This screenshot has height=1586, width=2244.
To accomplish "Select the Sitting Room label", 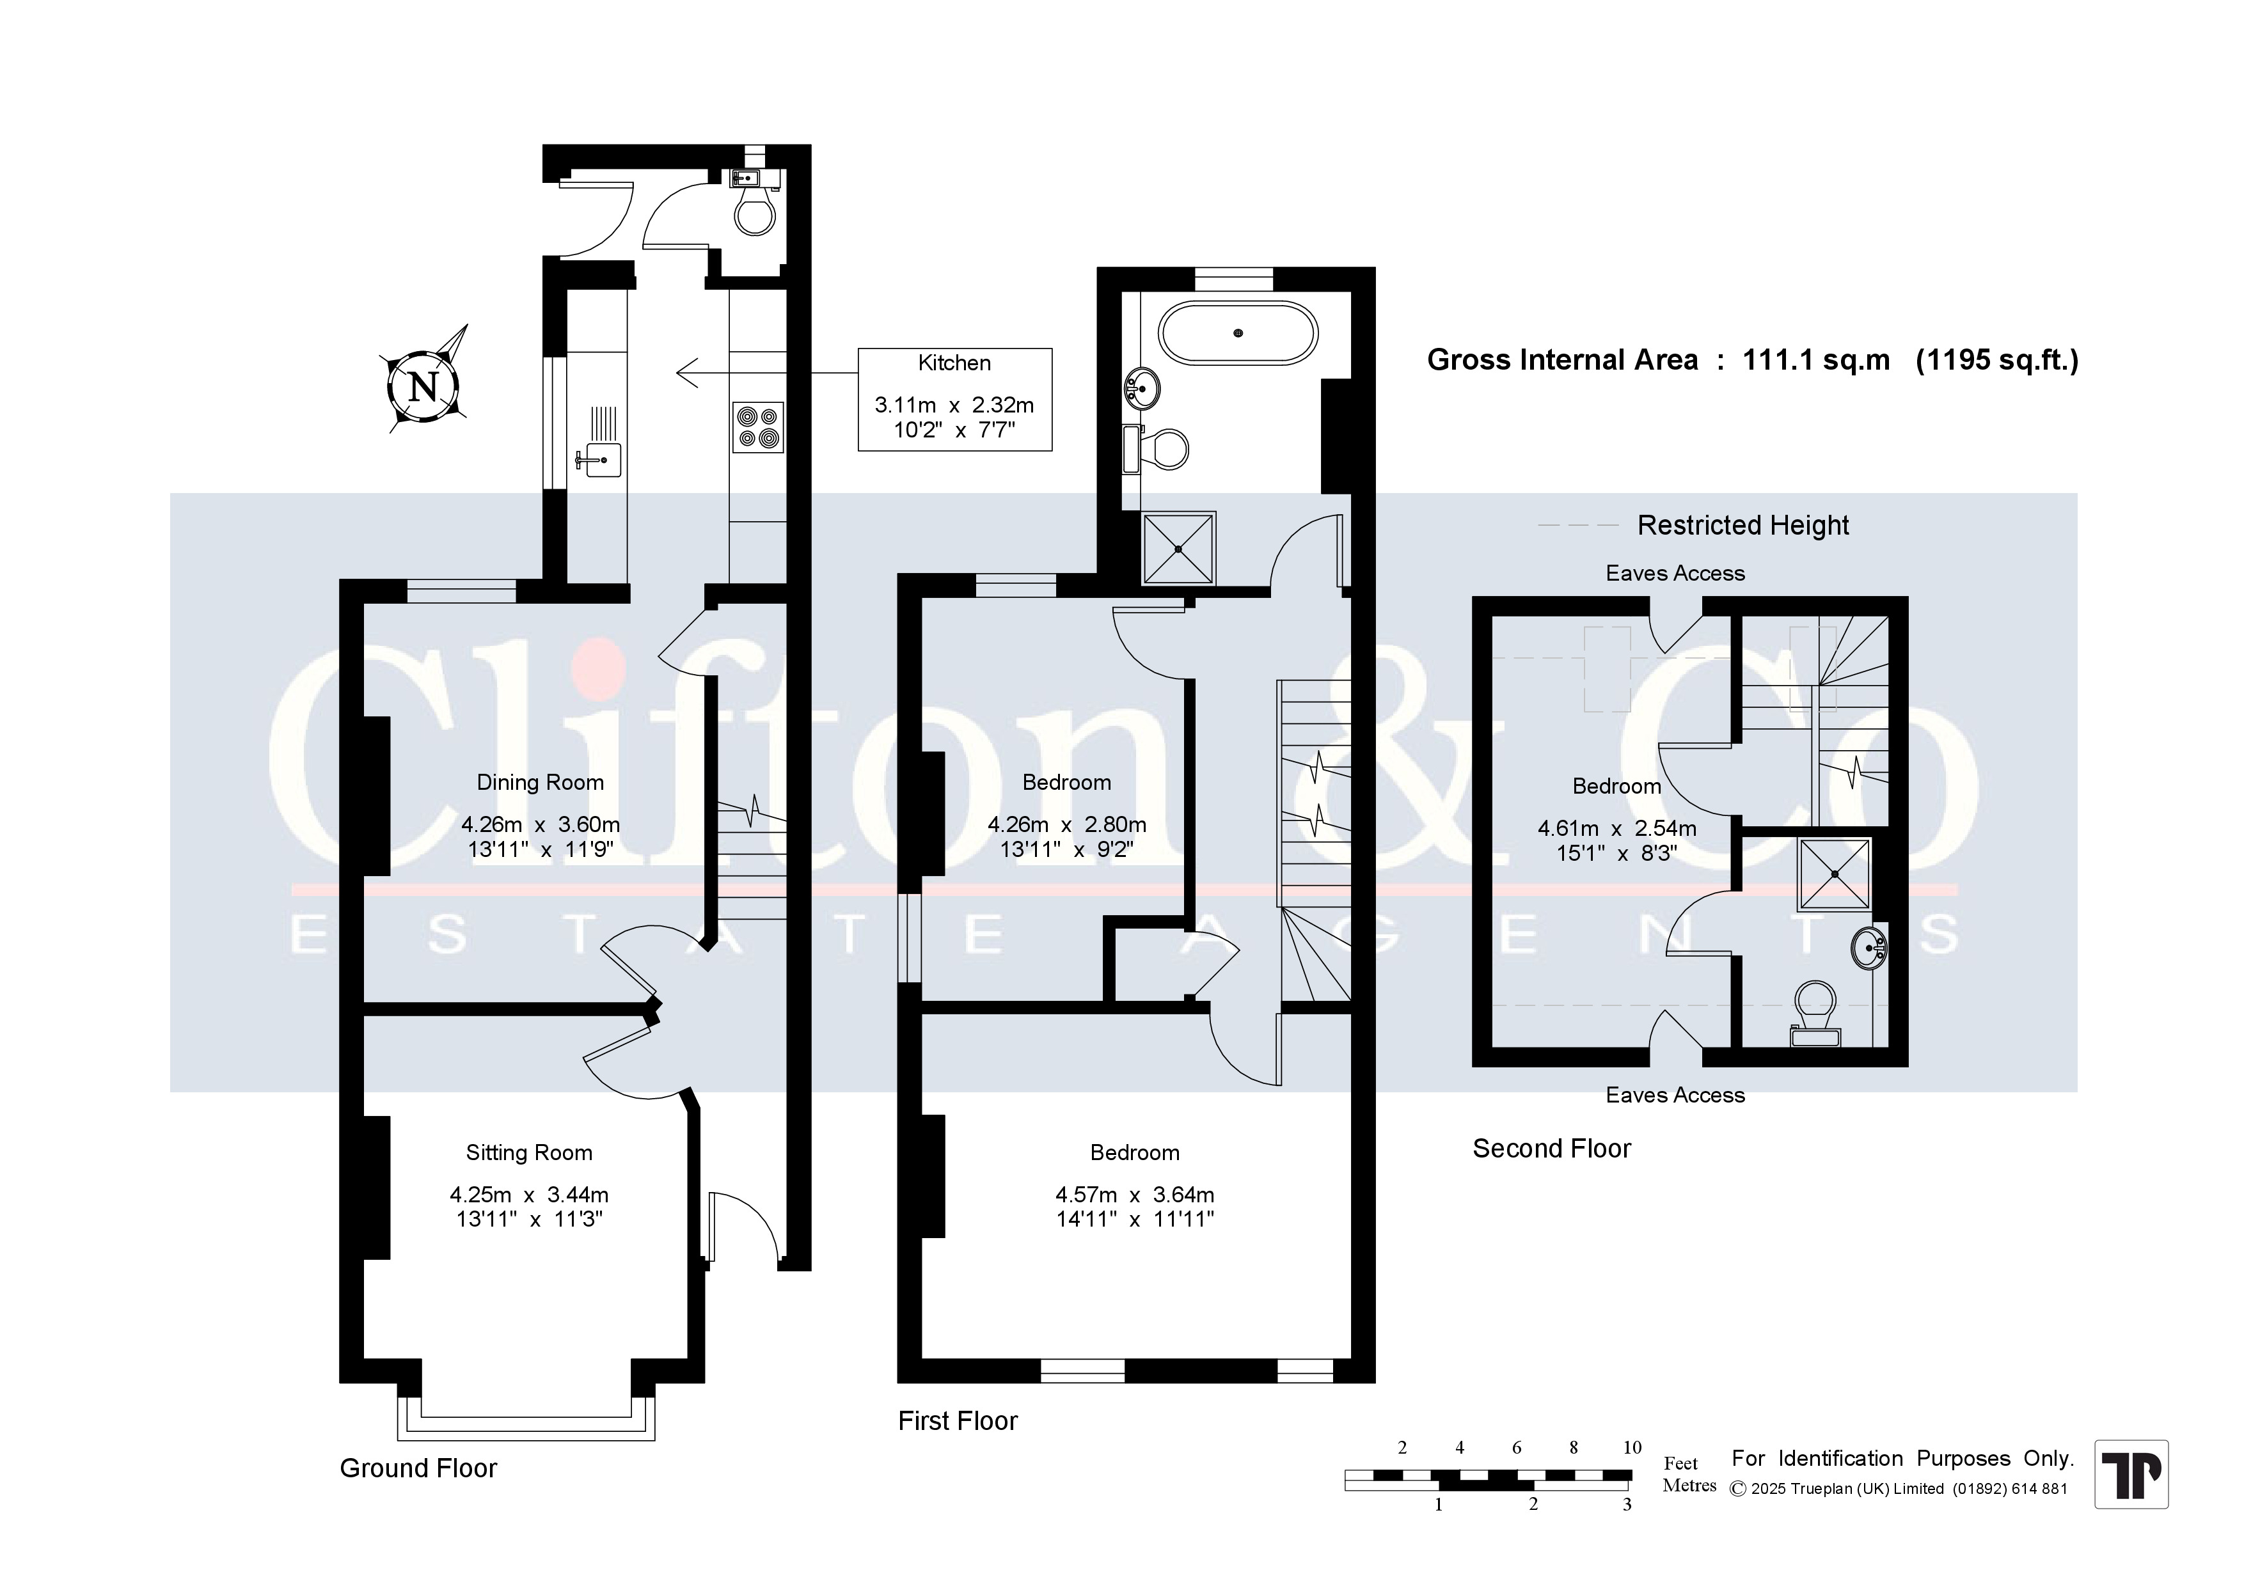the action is pos(529,1152).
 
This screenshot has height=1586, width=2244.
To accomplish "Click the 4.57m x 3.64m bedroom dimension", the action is pos(1135,1194).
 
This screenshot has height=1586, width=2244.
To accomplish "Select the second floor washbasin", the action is pos(1868,947).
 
